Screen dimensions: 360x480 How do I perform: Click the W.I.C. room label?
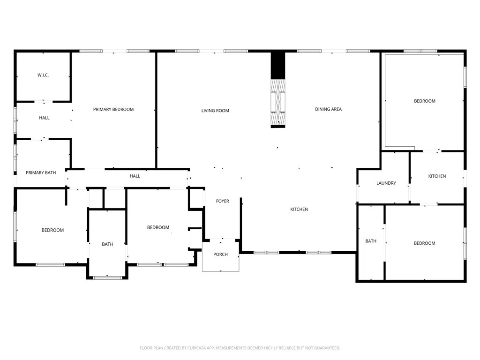click(43, 75)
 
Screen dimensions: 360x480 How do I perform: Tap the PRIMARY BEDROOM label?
click(113, 109)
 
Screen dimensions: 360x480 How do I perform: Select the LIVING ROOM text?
click(215, 111)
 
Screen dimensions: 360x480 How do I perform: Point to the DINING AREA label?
click(328, 109)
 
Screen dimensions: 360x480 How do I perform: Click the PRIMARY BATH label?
click(41, 172)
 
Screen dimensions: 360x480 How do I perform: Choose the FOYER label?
click(222, 201)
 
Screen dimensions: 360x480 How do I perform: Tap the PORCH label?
click(220, 255)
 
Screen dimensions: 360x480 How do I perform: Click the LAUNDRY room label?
click(386, 183)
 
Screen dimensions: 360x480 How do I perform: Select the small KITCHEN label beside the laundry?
click(437, 176)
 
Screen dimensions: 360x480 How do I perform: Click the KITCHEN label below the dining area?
click(299, 209)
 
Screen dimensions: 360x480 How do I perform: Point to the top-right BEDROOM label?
click(424, 101)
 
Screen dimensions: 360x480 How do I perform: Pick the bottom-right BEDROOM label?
click(424, 243)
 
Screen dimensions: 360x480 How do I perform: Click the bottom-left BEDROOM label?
click(52, 230)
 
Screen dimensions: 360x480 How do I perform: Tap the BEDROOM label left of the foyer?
click(158, 227)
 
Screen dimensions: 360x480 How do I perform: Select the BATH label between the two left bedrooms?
click(107, 244)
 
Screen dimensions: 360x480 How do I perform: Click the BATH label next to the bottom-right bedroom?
click(371, 241)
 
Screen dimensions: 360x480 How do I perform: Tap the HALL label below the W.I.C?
click(44, 118)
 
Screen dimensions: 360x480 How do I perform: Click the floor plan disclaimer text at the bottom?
click(240, 348)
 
